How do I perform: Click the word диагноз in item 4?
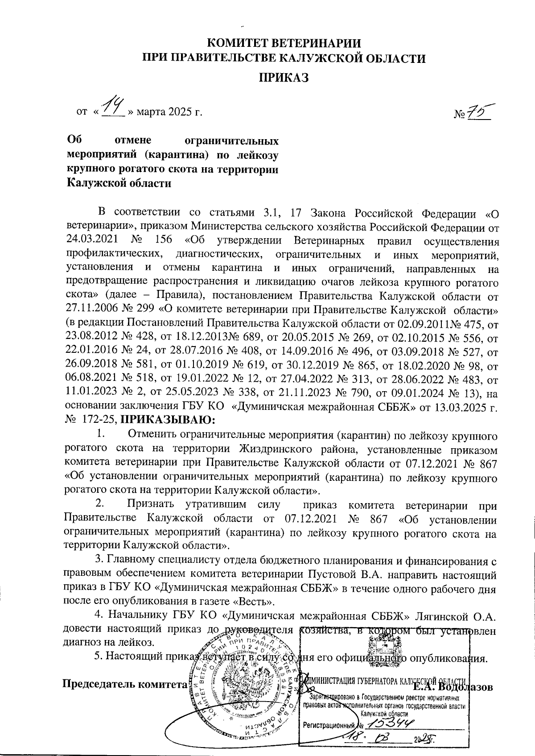[x=80, y=643]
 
